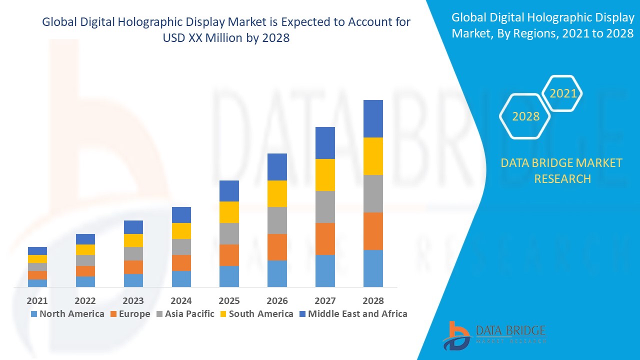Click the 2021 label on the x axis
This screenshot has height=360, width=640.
[37, 300]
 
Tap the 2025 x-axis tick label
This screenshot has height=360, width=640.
[229, 300]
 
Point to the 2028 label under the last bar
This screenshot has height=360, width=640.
[373, 300]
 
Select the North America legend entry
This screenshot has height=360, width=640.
[67, 314]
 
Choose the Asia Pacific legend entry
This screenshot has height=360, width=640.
[185, 314]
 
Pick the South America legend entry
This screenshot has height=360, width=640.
[256, 314]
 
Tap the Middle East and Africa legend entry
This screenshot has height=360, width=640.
[353, 314]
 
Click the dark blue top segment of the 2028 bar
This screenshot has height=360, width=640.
[373, 118]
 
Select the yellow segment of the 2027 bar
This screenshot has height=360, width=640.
[325, 175]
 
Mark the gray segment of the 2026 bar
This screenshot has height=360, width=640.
[277, 220]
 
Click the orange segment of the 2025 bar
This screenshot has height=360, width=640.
[229, 255]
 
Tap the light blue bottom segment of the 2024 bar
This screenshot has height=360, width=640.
[181, 278]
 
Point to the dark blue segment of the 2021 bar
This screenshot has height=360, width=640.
[37, 251]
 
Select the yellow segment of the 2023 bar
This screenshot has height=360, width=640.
[133, 240]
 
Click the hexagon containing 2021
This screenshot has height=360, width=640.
[562, 93]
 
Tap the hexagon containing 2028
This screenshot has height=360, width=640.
[525, 116]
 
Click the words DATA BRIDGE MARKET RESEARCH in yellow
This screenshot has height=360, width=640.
[562, 170]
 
